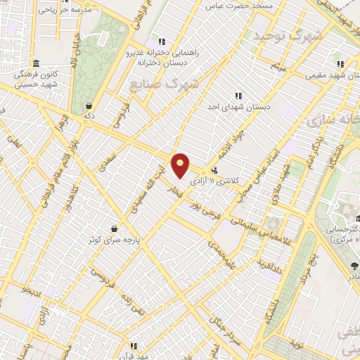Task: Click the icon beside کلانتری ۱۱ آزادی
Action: (x=215, y=169)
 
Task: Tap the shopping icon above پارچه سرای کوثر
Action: (x=124, y=229)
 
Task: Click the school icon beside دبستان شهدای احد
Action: (x=238, y=95)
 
